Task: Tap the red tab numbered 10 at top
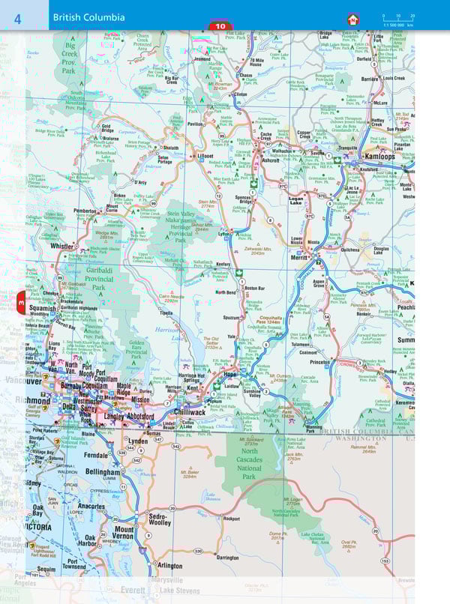(219, 27)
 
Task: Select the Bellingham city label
(100, 473)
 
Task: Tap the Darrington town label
(227, 558)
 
